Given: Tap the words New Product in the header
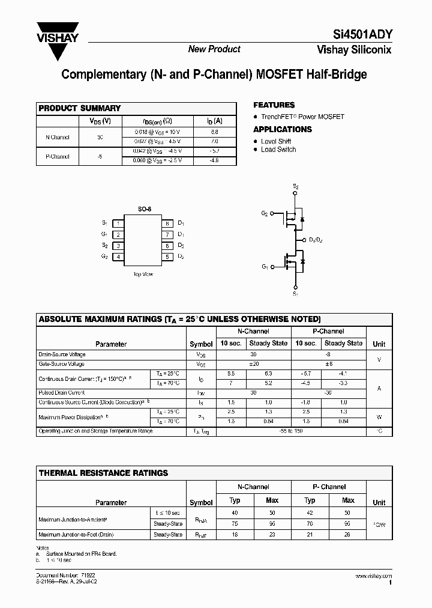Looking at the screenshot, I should pos(214,49).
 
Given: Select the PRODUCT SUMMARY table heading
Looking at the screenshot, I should pos(80,108).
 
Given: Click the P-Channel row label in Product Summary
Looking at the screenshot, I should pos(58,156).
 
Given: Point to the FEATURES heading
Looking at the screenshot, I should pos(274,105).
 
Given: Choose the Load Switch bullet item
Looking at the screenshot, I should pos(278,150).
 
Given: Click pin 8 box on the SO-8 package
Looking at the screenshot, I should pos(168,223).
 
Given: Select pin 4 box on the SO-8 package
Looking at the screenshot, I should pos(119,257).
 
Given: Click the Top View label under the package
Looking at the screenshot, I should pos(143,274).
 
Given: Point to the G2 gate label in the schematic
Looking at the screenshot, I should pos(265,213).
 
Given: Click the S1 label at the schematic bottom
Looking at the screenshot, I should pos(295,294).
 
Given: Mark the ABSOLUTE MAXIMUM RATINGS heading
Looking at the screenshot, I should pos(179,319).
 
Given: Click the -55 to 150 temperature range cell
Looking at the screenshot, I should pos(290,431).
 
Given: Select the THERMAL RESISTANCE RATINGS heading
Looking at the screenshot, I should pos(103,473).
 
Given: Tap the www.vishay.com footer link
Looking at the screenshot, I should pos(373,576).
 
